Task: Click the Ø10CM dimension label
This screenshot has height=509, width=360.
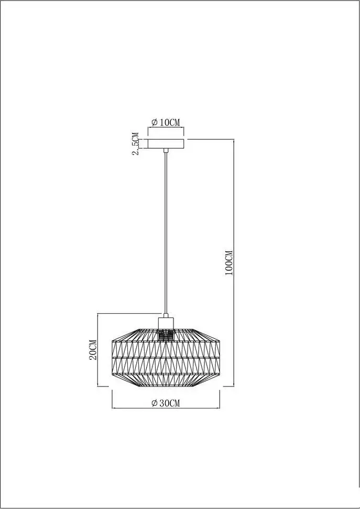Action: click(166, 122)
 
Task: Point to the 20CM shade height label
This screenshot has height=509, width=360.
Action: click(92, 349)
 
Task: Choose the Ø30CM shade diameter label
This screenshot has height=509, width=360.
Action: click(165, 403)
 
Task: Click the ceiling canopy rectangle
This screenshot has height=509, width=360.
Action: click(166, 144)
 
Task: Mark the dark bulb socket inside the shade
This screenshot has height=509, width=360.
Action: click(166, 335)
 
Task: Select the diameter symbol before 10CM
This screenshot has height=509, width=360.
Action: click(155, 122)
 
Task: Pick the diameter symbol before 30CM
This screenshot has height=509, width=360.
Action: click(154, 403)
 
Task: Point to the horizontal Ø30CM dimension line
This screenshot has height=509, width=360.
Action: click(166, 408)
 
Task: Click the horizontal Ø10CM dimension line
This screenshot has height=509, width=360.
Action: click(166, 128)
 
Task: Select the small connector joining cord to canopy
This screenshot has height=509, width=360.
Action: click(166, 151)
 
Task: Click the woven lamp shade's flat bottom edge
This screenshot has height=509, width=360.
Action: click(166, 387)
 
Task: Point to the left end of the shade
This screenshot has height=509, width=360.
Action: click(112, 358)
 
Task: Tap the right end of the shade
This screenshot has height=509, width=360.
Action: click(220, 358)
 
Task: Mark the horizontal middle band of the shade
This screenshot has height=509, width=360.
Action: click(166, 357)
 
